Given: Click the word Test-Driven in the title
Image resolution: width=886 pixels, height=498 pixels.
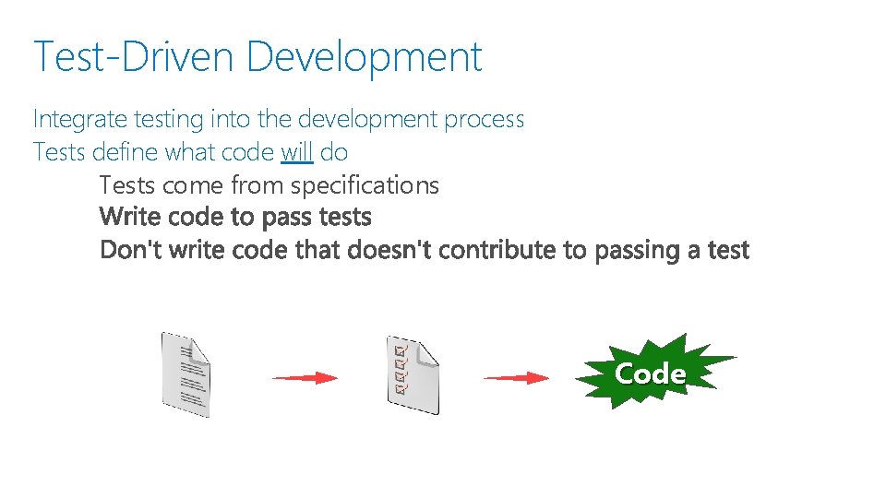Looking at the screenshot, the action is pos(133,56).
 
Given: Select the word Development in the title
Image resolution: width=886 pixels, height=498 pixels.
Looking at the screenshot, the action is pos(365,56).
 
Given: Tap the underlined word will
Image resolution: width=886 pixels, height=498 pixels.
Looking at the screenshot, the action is pos(297,151).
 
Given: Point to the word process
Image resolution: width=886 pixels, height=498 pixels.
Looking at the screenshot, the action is pos(484,120).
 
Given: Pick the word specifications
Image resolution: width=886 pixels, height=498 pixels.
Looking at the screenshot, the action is pos(365,185).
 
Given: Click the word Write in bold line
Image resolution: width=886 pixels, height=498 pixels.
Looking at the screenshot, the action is pos(128,218).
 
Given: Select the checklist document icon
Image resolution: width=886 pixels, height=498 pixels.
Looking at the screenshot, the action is pos(413,374).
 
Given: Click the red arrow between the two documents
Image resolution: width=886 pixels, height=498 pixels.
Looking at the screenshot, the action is pos(305,377).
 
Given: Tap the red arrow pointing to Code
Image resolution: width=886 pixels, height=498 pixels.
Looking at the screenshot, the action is pos(517,377).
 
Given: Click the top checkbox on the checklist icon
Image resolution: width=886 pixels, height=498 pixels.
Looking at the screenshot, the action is pos(399,350).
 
